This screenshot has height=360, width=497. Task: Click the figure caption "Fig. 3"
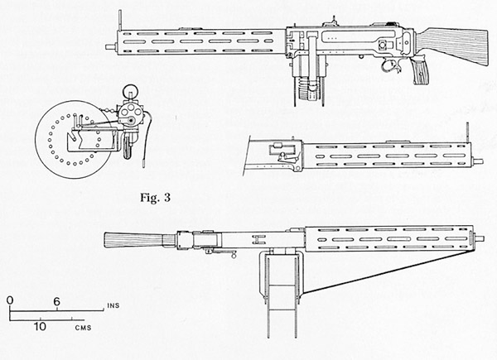point(156,198)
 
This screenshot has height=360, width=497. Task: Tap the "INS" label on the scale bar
point(113,305)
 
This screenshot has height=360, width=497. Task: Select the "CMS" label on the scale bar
point(84,328)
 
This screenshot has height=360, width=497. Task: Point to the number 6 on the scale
point(56,302)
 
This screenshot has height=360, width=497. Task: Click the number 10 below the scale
point(40,326)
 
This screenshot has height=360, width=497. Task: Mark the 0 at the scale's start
point(11,300)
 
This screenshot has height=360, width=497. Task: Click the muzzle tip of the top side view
point(109,47)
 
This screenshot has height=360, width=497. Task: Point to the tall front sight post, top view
point(120,20)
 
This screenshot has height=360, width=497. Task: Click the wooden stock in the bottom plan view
point(140,240)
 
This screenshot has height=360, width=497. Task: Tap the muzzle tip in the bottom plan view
point(480,238)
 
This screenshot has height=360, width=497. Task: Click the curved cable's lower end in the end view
point(143,164)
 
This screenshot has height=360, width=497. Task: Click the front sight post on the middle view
point(467,133)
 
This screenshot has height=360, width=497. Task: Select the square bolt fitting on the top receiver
point(383,45)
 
